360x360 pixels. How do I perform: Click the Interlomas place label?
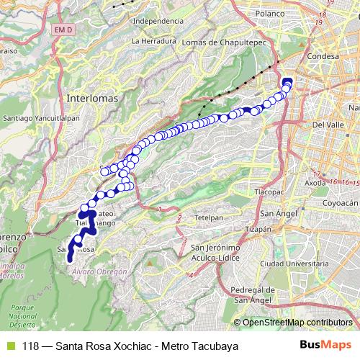tap(86, 96)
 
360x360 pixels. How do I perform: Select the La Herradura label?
tap(155, 42)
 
